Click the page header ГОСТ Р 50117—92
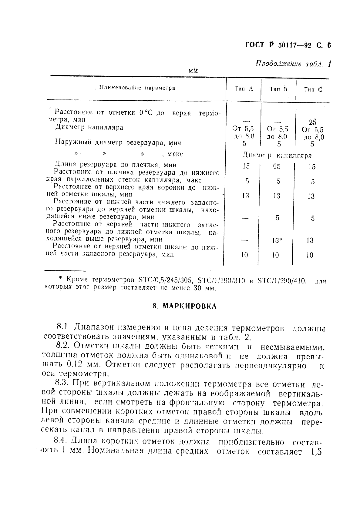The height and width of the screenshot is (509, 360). [x=278, y=45]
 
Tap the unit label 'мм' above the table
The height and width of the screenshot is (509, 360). [x=193, y=71]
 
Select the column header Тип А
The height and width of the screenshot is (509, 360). [x=244, y=89]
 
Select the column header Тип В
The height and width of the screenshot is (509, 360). [x=278, y=89]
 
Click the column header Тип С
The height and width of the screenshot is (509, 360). [x=313, y=89]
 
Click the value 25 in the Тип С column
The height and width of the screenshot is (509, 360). [x=312, y=122]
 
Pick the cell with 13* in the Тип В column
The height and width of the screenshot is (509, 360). [x=277, y=240]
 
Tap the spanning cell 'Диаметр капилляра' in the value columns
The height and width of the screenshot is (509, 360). [x=277, y=156]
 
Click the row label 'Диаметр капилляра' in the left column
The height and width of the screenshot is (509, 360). [x=89, y=127]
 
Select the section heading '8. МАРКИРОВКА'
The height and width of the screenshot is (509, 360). [x=184, y=306]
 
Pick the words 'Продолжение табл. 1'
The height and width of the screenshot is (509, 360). [x=293, y=64]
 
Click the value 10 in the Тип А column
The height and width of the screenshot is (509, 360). [x=244, y=255]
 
